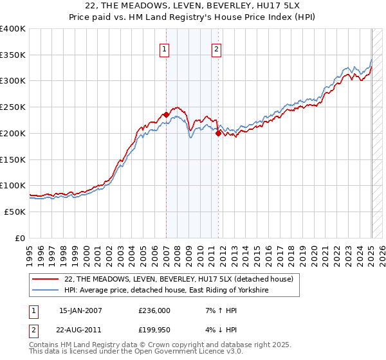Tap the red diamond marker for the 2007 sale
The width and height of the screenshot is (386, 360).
click(x=166, y=114)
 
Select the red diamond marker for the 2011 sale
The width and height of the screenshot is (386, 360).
click(x=219, y=133)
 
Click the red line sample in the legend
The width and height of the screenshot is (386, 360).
click(x=46, y=279)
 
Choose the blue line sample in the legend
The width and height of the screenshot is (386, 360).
click(x=46, y=291)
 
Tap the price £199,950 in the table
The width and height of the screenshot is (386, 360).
click(x=154, y=331)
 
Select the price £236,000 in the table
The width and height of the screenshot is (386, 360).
click(x=154, y=310)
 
